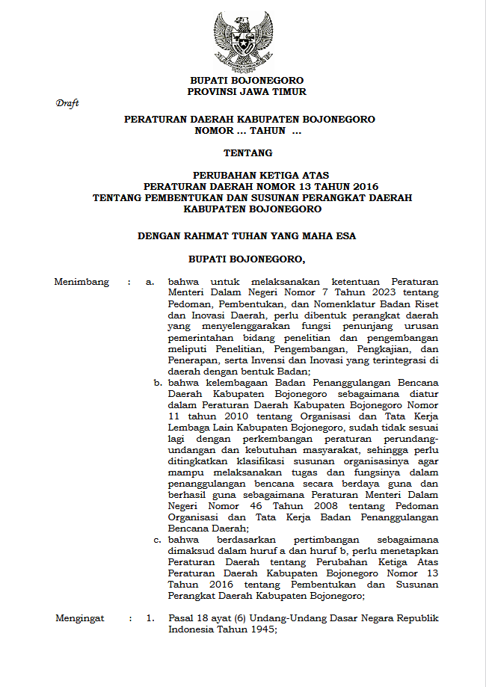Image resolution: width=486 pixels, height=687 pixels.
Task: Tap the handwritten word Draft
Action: (x=67, y=104)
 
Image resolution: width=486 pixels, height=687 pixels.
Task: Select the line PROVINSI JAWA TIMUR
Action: (x=246, y=91)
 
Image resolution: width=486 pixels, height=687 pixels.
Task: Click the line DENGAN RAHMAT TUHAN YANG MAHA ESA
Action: (x=247, y=235)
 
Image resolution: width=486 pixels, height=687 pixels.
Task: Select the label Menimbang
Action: (x=81, y=282)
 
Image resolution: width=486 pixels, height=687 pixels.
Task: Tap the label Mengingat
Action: (x=80, y=618)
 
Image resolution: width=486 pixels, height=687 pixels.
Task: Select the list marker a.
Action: (x=150, y=282)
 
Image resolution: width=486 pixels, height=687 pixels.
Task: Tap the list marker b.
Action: (x=158, y=383)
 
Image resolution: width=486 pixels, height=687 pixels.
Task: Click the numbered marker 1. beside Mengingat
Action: (x=150, y=618)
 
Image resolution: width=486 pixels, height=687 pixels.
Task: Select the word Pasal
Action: (x=181, y=618)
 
